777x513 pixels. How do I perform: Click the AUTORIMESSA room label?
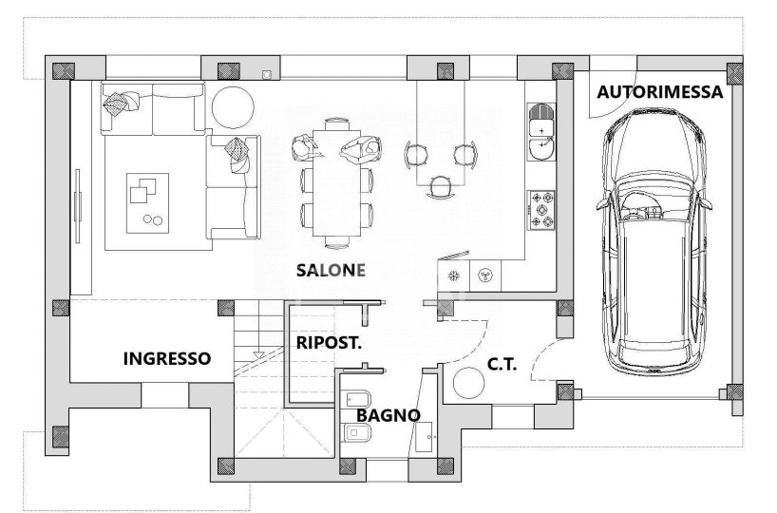[x=659, y=92]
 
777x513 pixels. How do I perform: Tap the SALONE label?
[x=331, y=270]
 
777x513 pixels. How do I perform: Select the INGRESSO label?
[x=167, y=358]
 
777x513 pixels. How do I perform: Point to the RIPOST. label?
[x=329, y=343]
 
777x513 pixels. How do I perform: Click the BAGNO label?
[x=388, y=415]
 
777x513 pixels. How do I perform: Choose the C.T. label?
[x=502, y=364]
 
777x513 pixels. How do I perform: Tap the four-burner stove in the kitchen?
[x=541, y=210]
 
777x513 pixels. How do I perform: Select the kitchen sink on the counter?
[x=541, y=132]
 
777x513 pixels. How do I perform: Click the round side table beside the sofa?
[x=233, y=107]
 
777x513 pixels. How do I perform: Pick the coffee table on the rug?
[x=147, y=202]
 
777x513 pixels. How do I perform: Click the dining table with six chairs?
[x=336, y=183]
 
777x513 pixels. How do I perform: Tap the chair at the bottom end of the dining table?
[x=337, y=241]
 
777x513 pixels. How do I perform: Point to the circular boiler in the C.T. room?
[x=469, y=383]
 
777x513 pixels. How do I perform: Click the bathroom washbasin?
[x=424, y=437]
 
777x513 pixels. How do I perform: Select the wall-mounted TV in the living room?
[x=78, y=206]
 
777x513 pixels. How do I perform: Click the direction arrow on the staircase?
[x=258, y=354]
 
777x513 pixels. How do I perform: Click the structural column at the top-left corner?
[x=64, y=71]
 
